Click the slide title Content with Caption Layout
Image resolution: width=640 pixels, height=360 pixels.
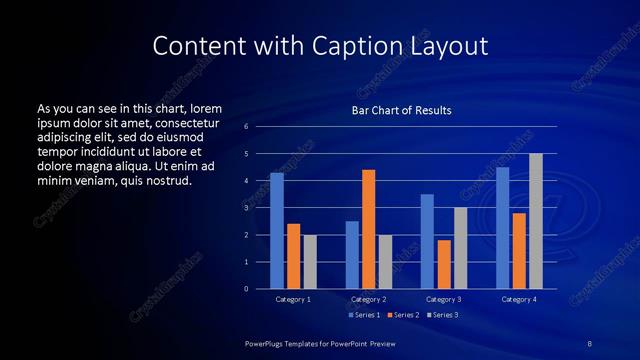[320, 46]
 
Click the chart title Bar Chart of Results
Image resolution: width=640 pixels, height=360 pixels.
[401, 110]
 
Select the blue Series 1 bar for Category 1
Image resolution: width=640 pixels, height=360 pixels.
[277, 231]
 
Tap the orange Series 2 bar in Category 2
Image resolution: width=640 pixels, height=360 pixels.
[369, 229]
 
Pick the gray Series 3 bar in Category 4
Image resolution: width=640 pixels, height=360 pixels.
[536, 221]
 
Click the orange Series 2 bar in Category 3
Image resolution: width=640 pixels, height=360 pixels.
[444, 264]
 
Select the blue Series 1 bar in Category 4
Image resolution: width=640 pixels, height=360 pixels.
[502, 228]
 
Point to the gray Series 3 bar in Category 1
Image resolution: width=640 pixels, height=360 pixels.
[310, 262]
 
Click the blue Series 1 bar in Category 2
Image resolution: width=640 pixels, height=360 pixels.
[352, 255]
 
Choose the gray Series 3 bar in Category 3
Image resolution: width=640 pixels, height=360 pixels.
[461, 248]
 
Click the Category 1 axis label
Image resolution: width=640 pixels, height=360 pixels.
[293, 299]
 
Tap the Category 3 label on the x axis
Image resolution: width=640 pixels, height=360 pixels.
[444, 299]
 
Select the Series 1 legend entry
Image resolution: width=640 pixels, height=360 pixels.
[364, 315]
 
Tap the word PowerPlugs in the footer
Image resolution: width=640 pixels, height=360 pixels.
[266, 343]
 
